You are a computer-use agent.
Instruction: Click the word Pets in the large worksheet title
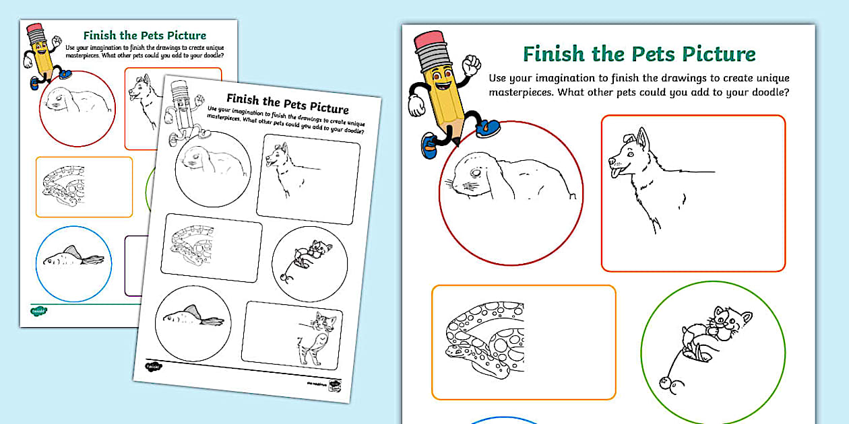click(642, 54)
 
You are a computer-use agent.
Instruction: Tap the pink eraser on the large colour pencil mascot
click(432, 40)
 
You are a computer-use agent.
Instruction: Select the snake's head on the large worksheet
click(458, 351)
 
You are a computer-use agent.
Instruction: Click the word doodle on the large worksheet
click(766, 93)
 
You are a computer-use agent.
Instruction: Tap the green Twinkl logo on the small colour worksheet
click(38, 311)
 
